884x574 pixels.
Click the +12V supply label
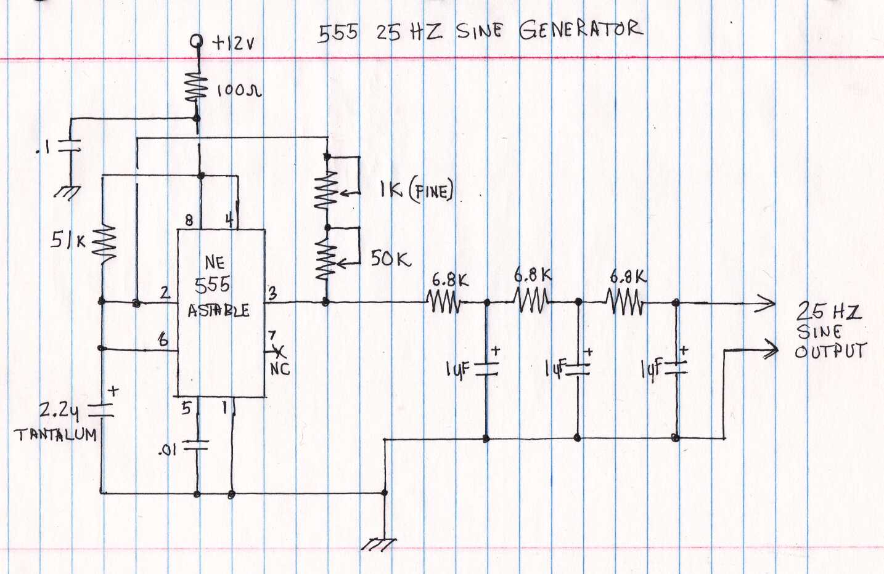[x=234, y=42]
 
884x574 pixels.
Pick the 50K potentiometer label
[x=390, y=259]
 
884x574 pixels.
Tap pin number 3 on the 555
[x=272, y=294]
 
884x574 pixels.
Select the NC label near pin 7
[x=280, y=369]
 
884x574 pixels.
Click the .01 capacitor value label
[x=167, y=450]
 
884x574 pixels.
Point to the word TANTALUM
[x=55, y=435]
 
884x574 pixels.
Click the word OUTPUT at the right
[x=830, y=352]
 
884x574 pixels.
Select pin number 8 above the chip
[x=189, y=220]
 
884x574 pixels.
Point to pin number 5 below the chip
[x=186, y=407]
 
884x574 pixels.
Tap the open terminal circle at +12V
[x=197, y=41]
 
